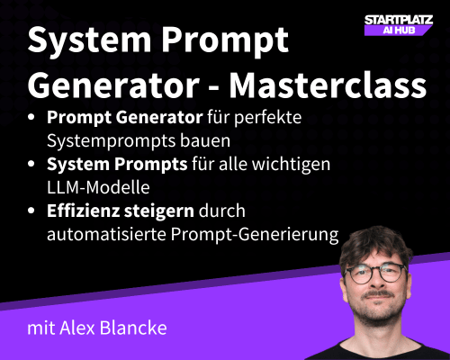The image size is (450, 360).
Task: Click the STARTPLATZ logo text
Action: point(396,18)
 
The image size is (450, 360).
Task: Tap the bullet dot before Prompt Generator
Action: point(33,118)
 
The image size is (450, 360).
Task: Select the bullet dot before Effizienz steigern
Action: point(33,211)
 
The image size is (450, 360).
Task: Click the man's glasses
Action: point(388,273)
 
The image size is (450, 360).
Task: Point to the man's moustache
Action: point(389,298)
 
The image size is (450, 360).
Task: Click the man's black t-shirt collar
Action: point(389,346)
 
